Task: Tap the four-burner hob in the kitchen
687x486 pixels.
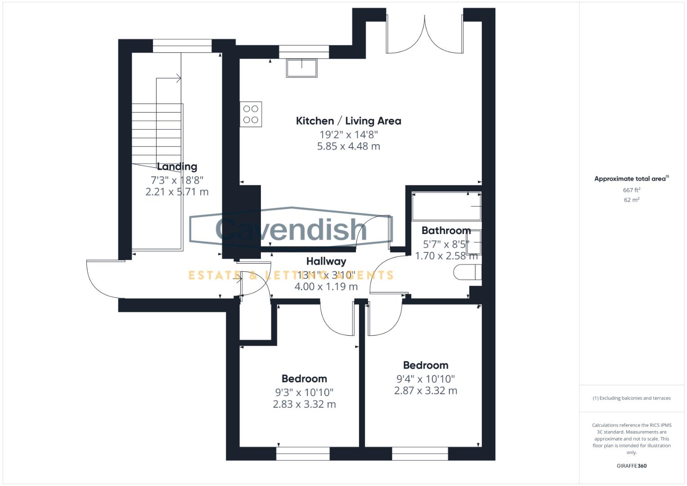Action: point(251,114)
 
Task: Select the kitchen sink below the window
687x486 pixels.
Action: point(301,68)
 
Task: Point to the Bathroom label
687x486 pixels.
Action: point(446,230)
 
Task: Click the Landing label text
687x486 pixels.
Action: point(177,166)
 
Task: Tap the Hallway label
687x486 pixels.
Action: point(326,261)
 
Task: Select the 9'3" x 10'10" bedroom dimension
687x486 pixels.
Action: point(304,392)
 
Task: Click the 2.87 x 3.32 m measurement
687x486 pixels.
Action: point(426,391)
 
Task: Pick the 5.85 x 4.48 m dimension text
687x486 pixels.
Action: point(348,146)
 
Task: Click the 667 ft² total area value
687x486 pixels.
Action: point(631,190)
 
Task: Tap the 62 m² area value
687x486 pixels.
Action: point(631,200)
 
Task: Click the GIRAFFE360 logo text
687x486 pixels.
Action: point(631,466)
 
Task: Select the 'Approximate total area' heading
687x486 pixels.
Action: point(631,179)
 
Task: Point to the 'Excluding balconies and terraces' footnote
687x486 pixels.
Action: point(631,398)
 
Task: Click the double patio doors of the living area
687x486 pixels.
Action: point(424,34)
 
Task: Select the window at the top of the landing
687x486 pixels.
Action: point(182,46)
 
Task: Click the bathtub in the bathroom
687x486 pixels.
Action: point(446,206)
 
